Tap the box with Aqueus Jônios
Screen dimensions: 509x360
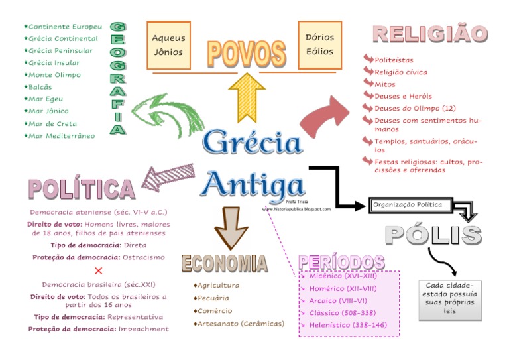[168, 44]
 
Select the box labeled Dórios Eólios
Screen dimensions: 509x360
[319, 44]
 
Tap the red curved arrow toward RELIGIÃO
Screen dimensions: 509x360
[324, 117]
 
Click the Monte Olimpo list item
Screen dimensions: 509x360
[54, 75]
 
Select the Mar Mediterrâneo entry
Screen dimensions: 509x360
[62, 136]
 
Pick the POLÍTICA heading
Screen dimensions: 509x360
[81, 190]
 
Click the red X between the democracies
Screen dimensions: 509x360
[99, 270]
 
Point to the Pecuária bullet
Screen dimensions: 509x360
[211, 298]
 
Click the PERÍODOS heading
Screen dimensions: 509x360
[342, 262]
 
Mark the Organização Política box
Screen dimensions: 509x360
[411, 205]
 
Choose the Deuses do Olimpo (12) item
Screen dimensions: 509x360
[415, 108]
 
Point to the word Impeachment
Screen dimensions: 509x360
[144, 329]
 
